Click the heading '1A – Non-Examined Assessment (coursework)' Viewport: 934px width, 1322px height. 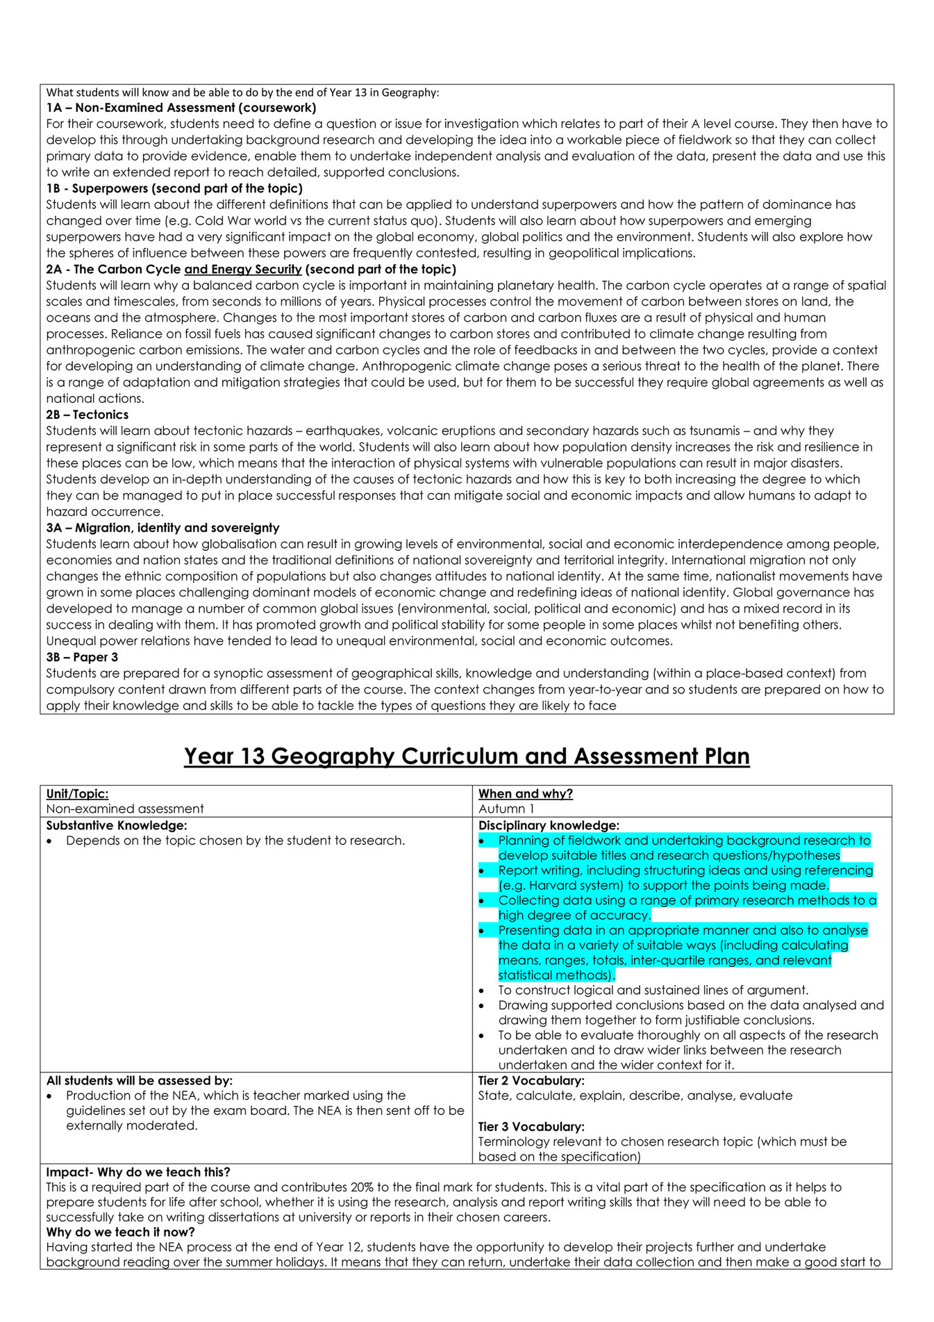click(x=181, y=108)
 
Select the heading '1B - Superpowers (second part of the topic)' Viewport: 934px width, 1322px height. click(x=174, y=188)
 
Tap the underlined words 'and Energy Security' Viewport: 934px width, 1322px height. click(x=242, y=270)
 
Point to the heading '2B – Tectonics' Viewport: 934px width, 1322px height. click(x=87, y=415)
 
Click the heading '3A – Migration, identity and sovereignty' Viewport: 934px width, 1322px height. click(x=162, y=528)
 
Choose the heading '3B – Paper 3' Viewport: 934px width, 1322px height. click(x=82, y=657)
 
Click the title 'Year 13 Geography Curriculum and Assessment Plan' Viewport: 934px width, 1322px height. click(x=467, y=756)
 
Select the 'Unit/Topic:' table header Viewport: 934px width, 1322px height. click(x=77, y=793)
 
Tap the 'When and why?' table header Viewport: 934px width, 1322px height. click(x=525, y=793)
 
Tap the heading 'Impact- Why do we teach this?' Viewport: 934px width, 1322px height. click(x=138, y=1172)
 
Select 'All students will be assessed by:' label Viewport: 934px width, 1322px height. click(x=139, y=1080)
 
